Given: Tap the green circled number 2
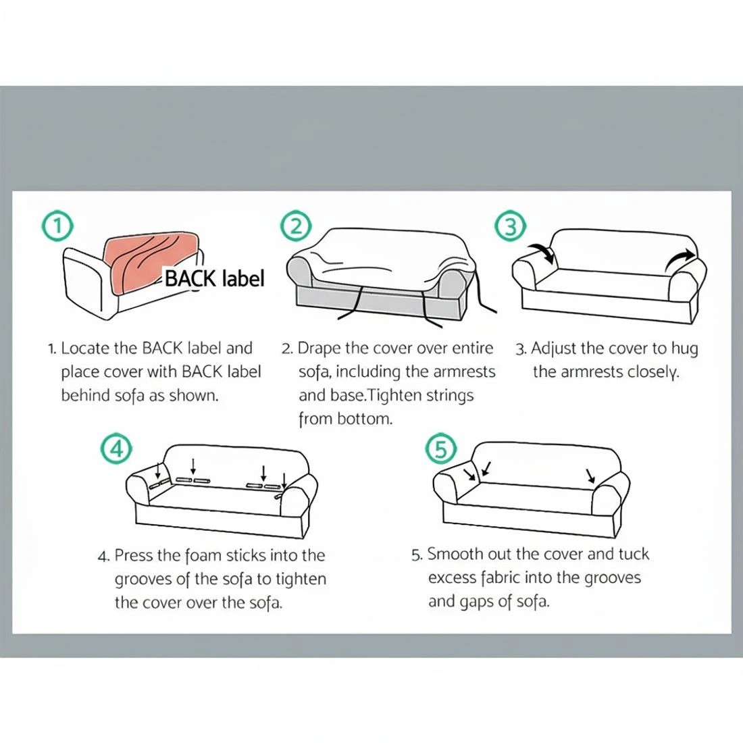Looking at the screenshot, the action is [x=296, y=226].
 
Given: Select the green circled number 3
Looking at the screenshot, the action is [x=511, y=226].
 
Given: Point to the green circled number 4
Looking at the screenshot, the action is [x=116, y=448].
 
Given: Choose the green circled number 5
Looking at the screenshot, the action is [x=441, y=448].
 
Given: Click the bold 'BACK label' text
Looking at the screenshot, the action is [x=214, y=278].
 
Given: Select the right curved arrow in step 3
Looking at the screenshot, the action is [x=680, y=259].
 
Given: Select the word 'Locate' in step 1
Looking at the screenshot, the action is [x=85, y=349].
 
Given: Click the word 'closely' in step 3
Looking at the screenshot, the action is [x=653, y=373].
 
